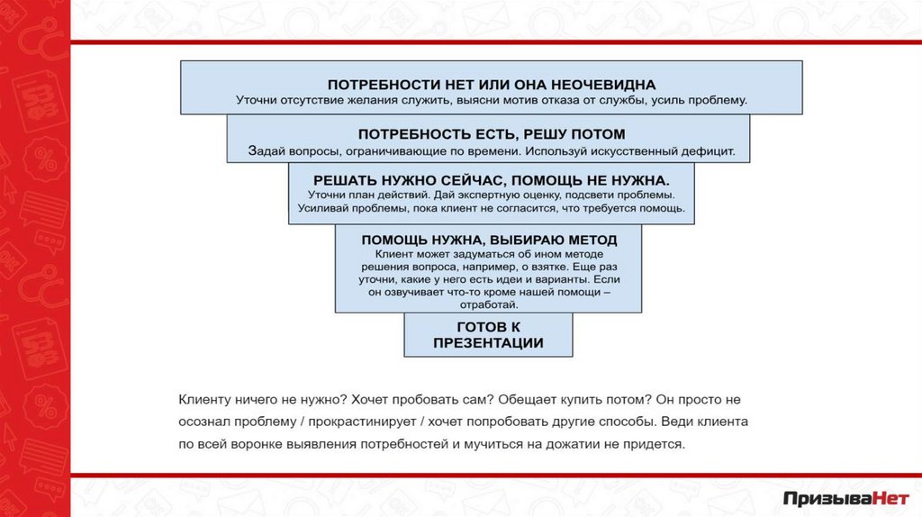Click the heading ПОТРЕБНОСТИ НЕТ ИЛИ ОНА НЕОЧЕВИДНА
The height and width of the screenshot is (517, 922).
[x=491, y=84]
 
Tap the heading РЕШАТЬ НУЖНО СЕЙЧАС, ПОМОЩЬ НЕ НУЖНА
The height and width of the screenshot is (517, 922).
[x=491, y=180]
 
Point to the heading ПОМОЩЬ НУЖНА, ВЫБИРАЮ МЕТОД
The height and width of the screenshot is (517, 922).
[x=489, y=240]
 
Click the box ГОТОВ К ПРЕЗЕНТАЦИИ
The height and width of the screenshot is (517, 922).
[x=488, y=334]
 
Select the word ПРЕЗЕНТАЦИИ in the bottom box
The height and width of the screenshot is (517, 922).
[x=488, y=343]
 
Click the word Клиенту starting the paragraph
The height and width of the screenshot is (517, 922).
[x=207, y=397]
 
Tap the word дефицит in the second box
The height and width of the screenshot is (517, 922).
[x=710, y=151]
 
